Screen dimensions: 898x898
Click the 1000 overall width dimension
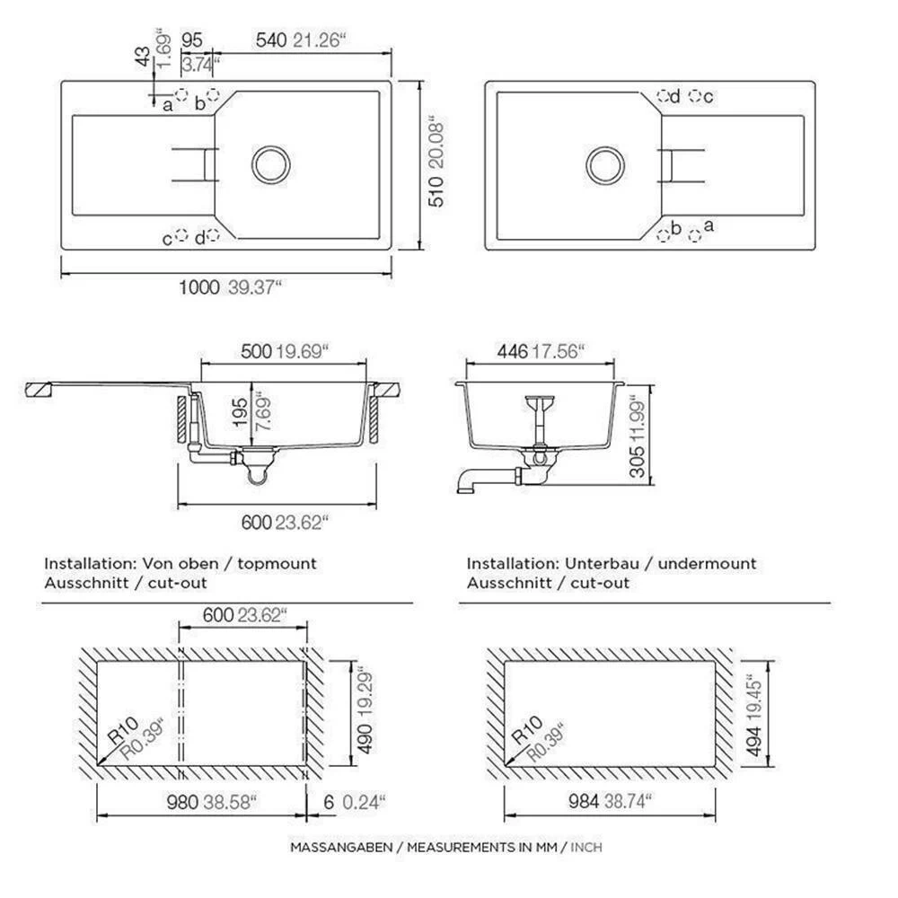(198, 287)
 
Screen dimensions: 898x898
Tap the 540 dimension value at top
(271, 40)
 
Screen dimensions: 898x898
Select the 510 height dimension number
(436, 191)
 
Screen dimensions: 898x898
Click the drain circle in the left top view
(271, 165)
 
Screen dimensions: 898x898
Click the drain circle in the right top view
(605, 165)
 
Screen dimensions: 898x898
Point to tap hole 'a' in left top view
(181, 95)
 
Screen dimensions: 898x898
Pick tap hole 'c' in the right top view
(695, 96)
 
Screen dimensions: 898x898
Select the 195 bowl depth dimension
(241, 413)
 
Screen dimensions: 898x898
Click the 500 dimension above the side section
(256, 351)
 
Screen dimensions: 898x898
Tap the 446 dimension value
(513, 351)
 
